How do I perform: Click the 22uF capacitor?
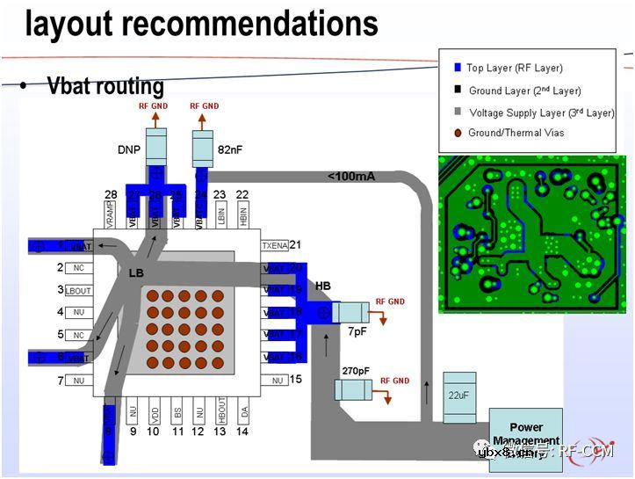pyautogui.click(x=459, y=396)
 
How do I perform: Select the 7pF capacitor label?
pyautogui.click(x=357, y=333)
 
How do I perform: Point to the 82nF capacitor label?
pyautogui.click(x=229, y=150)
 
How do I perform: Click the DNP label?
pyautogui.click(x=129, y=150)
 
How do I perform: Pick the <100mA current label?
pyautogui.click(x=351, y=177)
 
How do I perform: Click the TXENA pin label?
pyautogui.click(x=274, y=246)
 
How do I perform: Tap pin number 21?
pyautogui.click(x=295, y=245)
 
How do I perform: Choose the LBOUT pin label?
pyautogui.click(x=77, y=290)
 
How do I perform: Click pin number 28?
pyautogui.click(x=111, y=194)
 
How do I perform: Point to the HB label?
pyautogui.click(x=323, y=287)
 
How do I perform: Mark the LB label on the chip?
pyautogui.click(x=136, y=273)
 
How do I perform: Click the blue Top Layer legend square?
pyautogui.click(x=457, y=68)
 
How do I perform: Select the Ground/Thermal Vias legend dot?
pyautogui.click(x=457, y=134)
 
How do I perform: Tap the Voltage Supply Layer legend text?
pyautogui.click(x=542, y=112)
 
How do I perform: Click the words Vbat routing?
pyautogui.click(x=105, y=86)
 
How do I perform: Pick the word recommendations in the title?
pyautogui.click(x=249, y=24)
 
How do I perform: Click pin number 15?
pyautogui.click(x=295, y=380)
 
